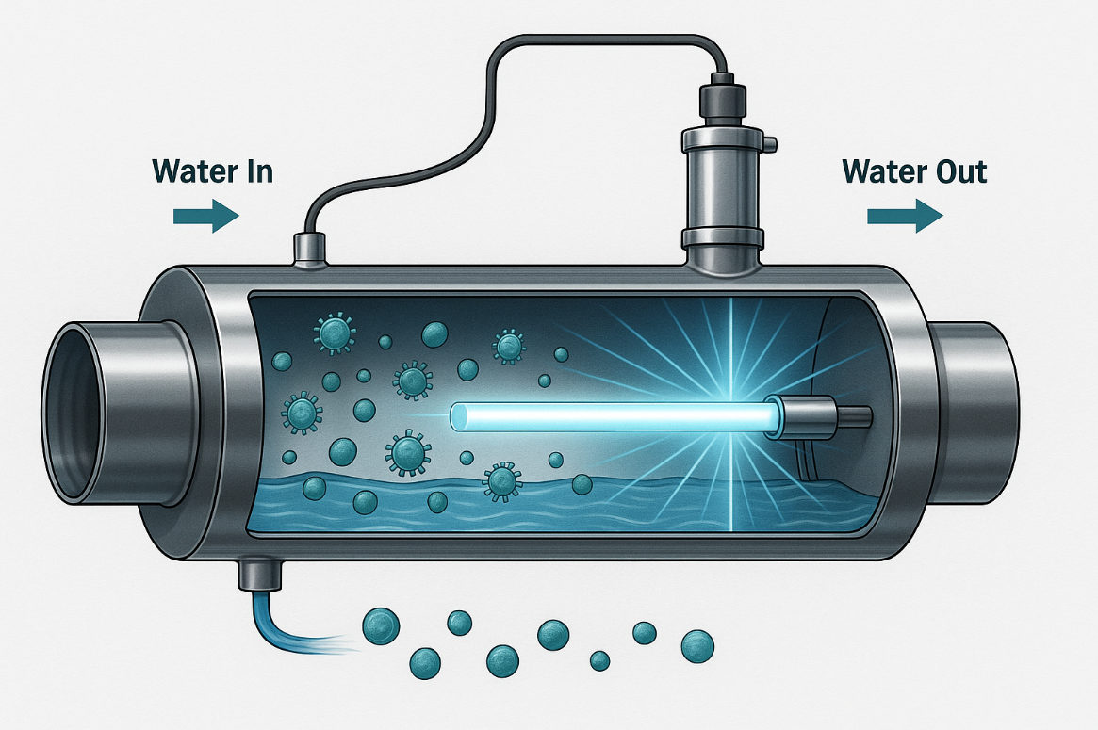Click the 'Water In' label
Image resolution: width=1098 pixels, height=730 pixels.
click(212, 172)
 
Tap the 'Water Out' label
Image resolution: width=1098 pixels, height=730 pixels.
click(914, 172)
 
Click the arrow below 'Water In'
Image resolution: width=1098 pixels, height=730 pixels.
click(205, 217)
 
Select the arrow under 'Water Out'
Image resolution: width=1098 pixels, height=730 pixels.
click(904, 217)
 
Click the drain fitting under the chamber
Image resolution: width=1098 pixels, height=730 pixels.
click(254, 573)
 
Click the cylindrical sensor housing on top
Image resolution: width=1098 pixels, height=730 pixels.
click(722, 179)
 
